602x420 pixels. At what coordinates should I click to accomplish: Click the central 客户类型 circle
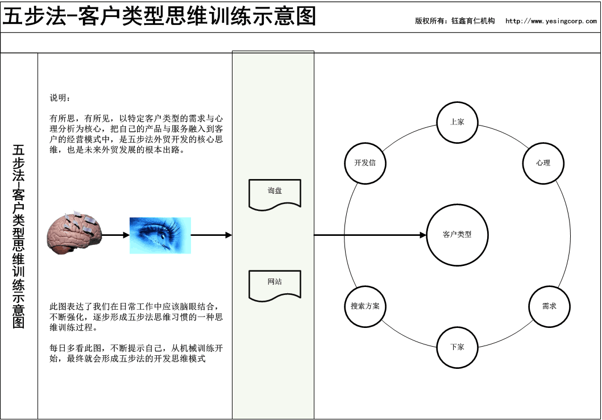[x=457, y=235]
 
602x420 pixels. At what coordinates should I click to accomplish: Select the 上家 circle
[x=457, y=122]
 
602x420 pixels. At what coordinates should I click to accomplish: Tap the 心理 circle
[x=543, y=163]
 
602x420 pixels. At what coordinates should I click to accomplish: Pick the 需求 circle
[x=549, y=306]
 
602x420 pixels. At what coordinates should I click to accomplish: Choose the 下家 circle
[x=457, y=347]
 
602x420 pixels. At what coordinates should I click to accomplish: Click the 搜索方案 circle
[x=365, y=306]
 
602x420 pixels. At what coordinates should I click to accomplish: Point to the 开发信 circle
[x=365, y=163]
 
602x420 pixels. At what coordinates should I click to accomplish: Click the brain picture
[x=74, y=232]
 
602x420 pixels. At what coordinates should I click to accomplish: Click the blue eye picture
[x=160, y=235]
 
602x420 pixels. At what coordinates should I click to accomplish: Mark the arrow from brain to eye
[x=115, y=235]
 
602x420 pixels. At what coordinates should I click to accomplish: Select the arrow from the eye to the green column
[x=211, y=235]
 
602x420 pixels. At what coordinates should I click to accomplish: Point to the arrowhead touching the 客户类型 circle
[x=423, y=235]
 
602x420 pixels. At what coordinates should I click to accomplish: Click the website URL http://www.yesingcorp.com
[x=551, y=21]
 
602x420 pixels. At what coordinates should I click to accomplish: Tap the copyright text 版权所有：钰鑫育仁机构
[x=455, y=21]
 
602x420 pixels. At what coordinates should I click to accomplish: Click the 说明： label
[x=60, y=98]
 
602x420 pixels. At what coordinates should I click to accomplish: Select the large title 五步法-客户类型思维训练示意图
[x=159, y=16]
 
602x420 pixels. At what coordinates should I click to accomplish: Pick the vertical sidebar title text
[x=18, y=236]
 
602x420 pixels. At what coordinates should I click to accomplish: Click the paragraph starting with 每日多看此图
[x=136, y=353]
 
